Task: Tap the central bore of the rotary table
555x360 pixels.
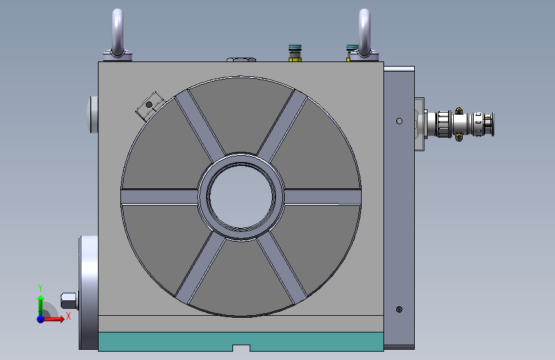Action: click(x=241, y=197)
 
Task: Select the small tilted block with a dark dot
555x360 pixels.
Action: click(x=150, y=106)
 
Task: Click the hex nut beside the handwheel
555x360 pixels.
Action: click(x=68, y=301)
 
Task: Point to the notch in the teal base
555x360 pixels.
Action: click(x=241, y=348)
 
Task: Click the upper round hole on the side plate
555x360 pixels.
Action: click(x=399, y=121)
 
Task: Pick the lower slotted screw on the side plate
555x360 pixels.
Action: click(x=399, y=309)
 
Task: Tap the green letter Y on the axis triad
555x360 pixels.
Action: click(x=40, y=288)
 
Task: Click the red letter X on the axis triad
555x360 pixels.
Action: click(x=68, y=316)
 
